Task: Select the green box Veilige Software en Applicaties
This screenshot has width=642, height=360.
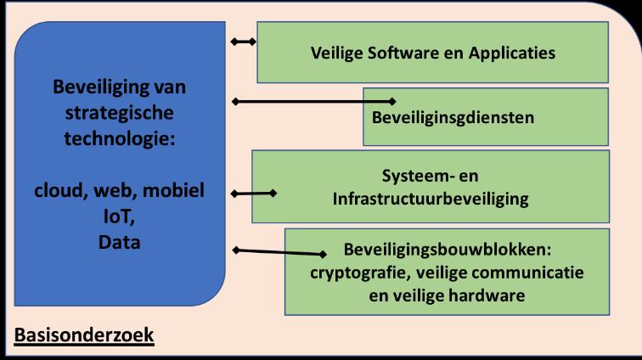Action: coord(432,53)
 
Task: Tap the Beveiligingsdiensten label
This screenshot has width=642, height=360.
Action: coord(453,117)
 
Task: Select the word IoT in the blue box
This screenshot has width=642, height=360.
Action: coord(118,216)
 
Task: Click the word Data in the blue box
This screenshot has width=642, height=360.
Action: coord(118,243)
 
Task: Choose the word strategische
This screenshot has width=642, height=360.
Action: coord(119,112)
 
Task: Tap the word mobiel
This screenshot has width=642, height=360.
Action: coord(175,190)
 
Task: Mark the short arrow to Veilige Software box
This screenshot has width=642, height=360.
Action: coord(245,40)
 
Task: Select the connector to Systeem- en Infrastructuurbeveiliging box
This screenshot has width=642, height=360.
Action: coord(253,193)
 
